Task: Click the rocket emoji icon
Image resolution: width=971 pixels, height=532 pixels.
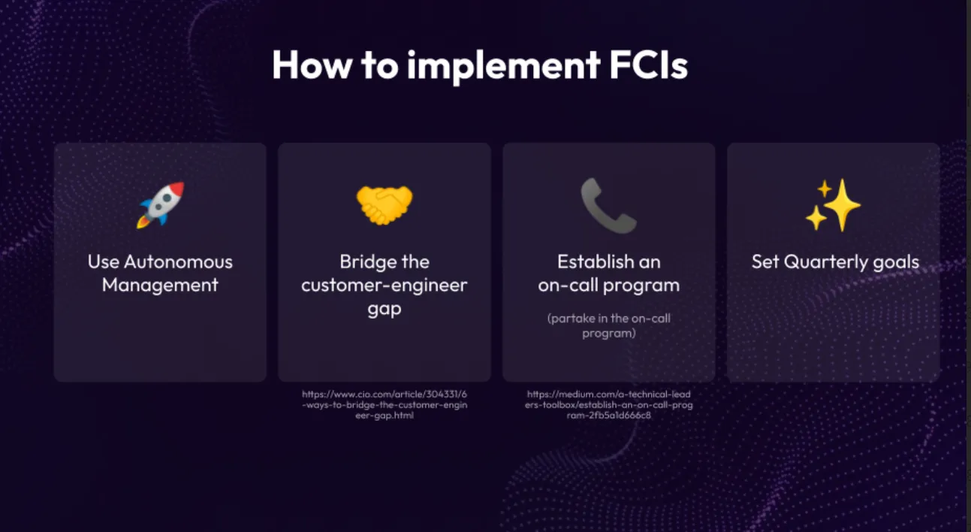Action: coord(160,205)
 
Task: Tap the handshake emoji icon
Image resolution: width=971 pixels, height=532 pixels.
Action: coord(384,205)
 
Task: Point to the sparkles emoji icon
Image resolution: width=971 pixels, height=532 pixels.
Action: coord(833,205)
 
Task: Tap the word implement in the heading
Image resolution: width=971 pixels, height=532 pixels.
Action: coord(503,66)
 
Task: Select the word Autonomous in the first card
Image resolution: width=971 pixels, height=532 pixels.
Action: coord(178,262)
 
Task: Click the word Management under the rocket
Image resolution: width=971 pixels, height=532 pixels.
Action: coord(160,286)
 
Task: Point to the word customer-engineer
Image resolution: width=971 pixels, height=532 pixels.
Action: coord(384,286)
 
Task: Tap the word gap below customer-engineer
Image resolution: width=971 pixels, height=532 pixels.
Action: coord(384,310)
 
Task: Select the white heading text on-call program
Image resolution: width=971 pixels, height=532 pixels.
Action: coord(608,286)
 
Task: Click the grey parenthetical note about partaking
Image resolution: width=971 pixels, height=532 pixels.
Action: coord(608,325)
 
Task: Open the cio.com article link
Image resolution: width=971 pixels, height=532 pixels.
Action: coord(384,404)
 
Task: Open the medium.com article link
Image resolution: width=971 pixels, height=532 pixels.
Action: coord(608,404)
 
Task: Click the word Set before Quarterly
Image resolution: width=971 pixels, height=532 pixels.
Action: coord(765,262)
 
